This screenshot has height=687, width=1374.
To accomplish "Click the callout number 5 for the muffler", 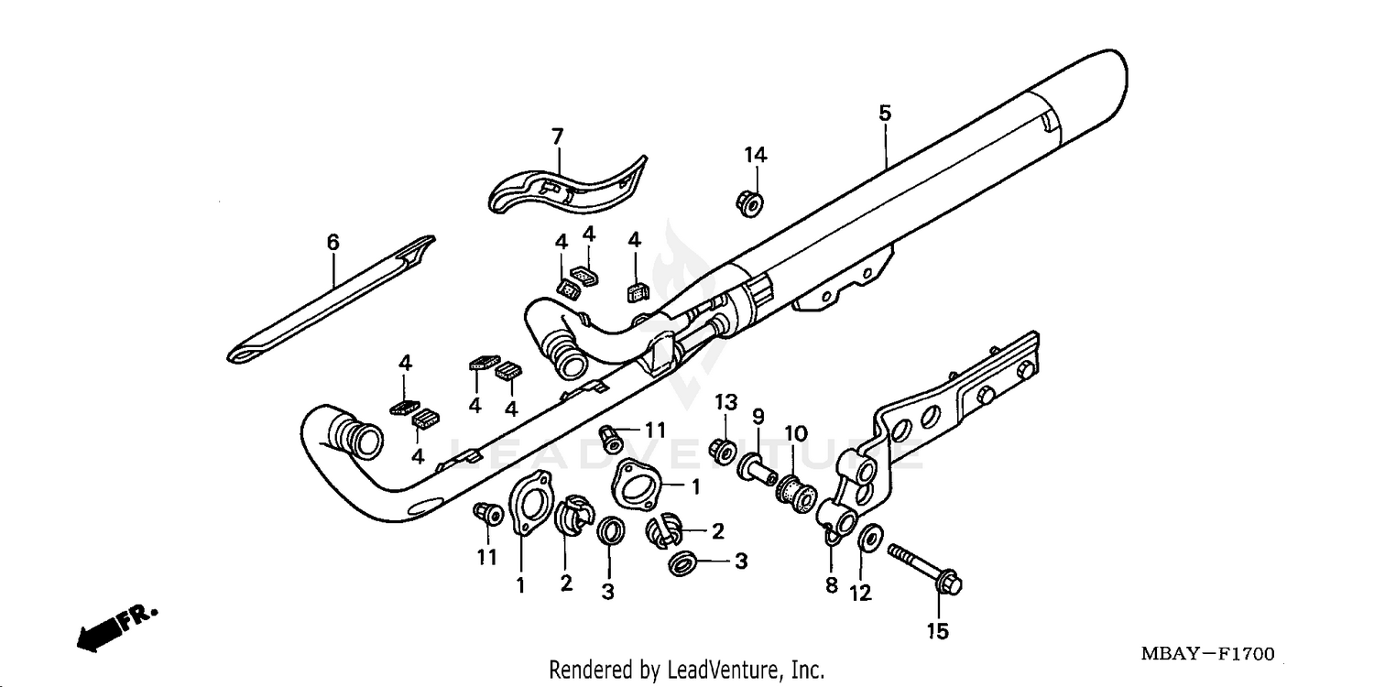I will click(x=884, y=114).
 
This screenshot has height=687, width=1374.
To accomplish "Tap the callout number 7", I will click(x=557, y=136).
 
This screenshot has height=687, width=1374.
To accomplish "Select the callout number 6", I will click(x=333, y=242).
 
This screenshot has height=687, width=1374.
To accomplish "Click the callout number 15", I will click(x=939, y=631).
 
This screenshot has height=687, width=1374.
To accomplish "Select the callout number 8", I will click(x=832, y=585).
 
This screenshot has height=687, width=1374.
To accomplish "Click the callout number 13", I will click(x=725, y=402).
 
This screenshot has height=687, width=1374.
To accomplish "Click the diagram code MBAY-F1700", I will click(x=1206, y=654).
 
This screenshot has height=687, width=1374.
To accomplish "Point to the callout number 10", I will click(x=795, y=431).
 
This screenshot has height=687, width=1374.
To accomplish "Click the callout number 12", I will click(x=861, y=594).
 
